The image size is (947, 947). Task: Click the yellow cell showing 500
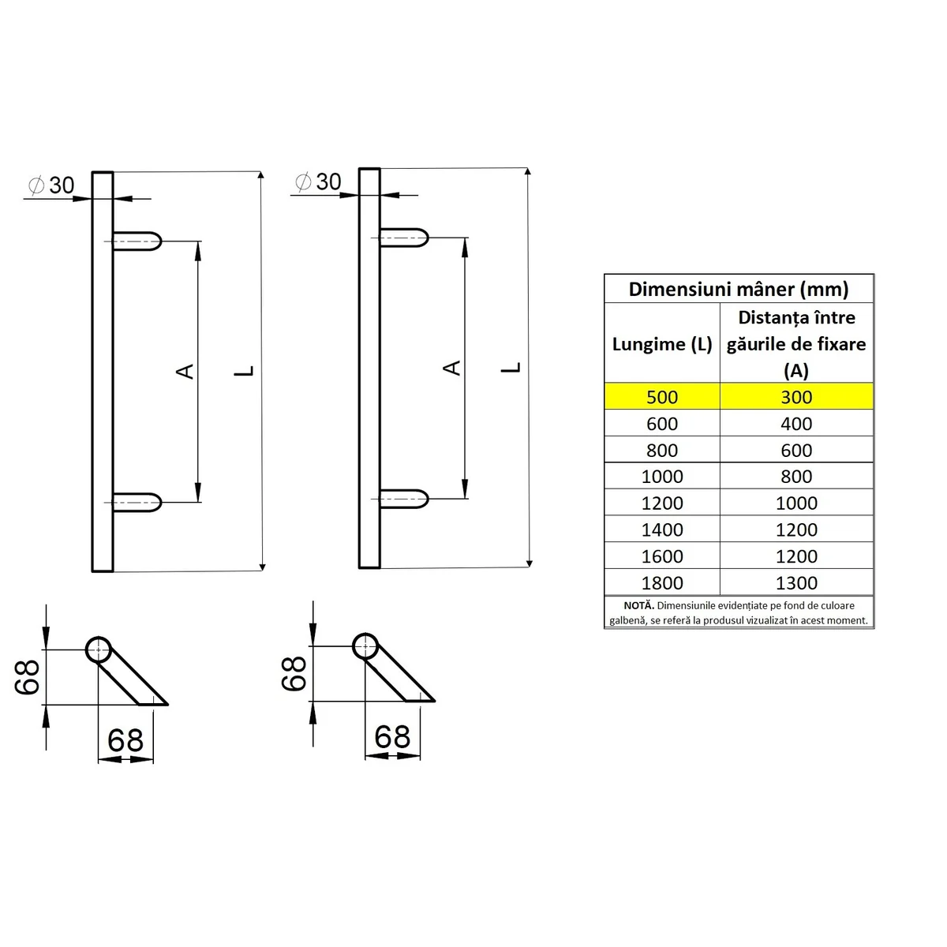662,397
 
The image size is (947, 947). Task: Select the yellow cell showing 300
796,397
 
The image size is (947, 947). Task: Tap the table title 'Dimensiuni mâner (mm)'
739,289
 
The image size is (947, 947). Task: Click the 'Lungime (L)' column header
662,344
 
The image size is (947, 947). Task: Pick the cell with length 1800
662,582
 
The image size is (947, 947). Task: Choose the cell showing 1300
796,582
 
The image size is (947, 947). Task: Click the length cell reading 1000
662,477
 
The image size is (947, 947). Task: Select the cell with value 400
796,424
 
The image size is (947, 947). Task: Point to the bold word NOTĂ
638,605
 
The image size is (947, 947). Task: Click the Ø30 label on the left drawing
52,185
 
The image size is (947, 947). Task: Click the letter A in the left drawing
185,370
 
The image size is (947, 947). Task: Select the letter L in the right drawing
513,367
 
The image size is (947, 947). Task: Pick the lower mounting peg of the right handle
404,499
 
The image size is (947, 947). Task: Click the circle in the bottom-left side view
98,649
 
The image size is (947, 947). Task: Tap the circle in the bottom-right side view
365,646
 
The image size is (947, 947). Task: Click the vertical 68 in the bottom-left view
28,676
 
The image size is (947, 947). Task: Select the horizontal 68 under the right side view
392,736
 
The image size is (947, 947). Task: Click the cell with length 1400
662,530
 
